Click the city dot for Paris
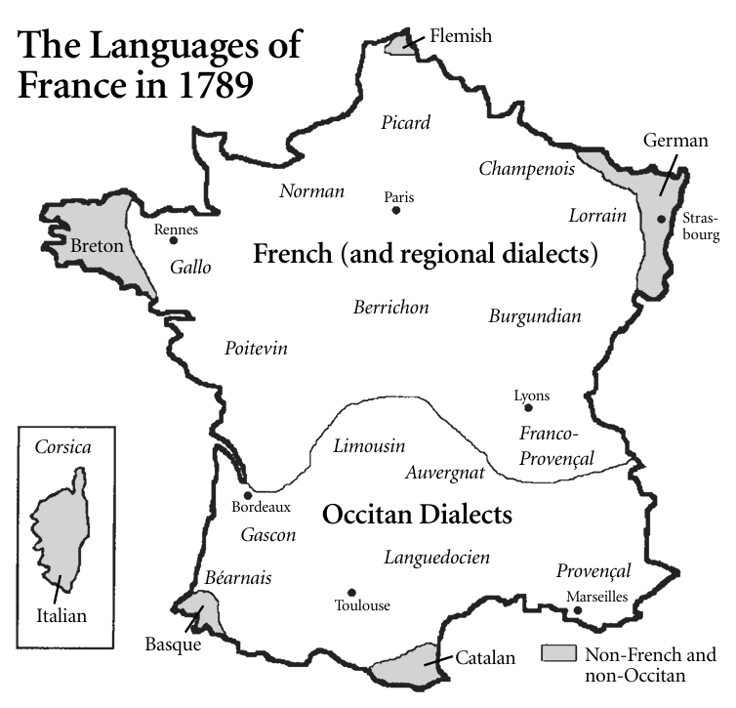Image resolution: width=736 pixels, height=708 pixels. pos(396,210)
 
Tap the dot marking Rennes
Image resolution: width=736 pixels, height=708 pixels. pos(174,240)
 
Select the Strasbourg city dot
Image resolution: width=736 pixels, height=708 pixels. pos(662,219)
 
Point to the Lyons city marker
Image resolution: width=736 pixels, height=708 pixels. pos(528,407)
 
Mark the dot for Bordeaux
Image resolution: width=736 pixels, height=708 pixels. pos(249,495)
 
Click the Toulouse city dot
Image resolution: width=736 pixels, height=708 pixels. pos(351,593)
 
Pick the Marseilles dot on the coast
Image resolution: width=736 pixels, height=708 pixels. pos(578,611)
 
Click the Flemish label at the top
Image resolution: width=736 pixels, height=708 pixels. pos(461,36)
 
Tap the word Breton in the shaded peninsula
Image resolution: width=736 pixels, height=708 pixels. pos(98,246)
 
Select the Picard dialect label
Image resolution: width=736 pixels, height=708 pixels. pos(406,123)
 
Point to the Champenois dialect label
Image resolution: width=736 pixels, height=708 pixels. pos(526,169)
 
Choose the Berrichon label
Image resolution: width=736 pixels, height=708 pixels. pos(390,308)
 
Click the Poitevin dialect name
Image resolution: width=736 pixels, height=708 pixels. pos(256,349)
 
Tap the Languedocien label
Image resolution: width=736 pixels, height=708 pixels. pos(436,558)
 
